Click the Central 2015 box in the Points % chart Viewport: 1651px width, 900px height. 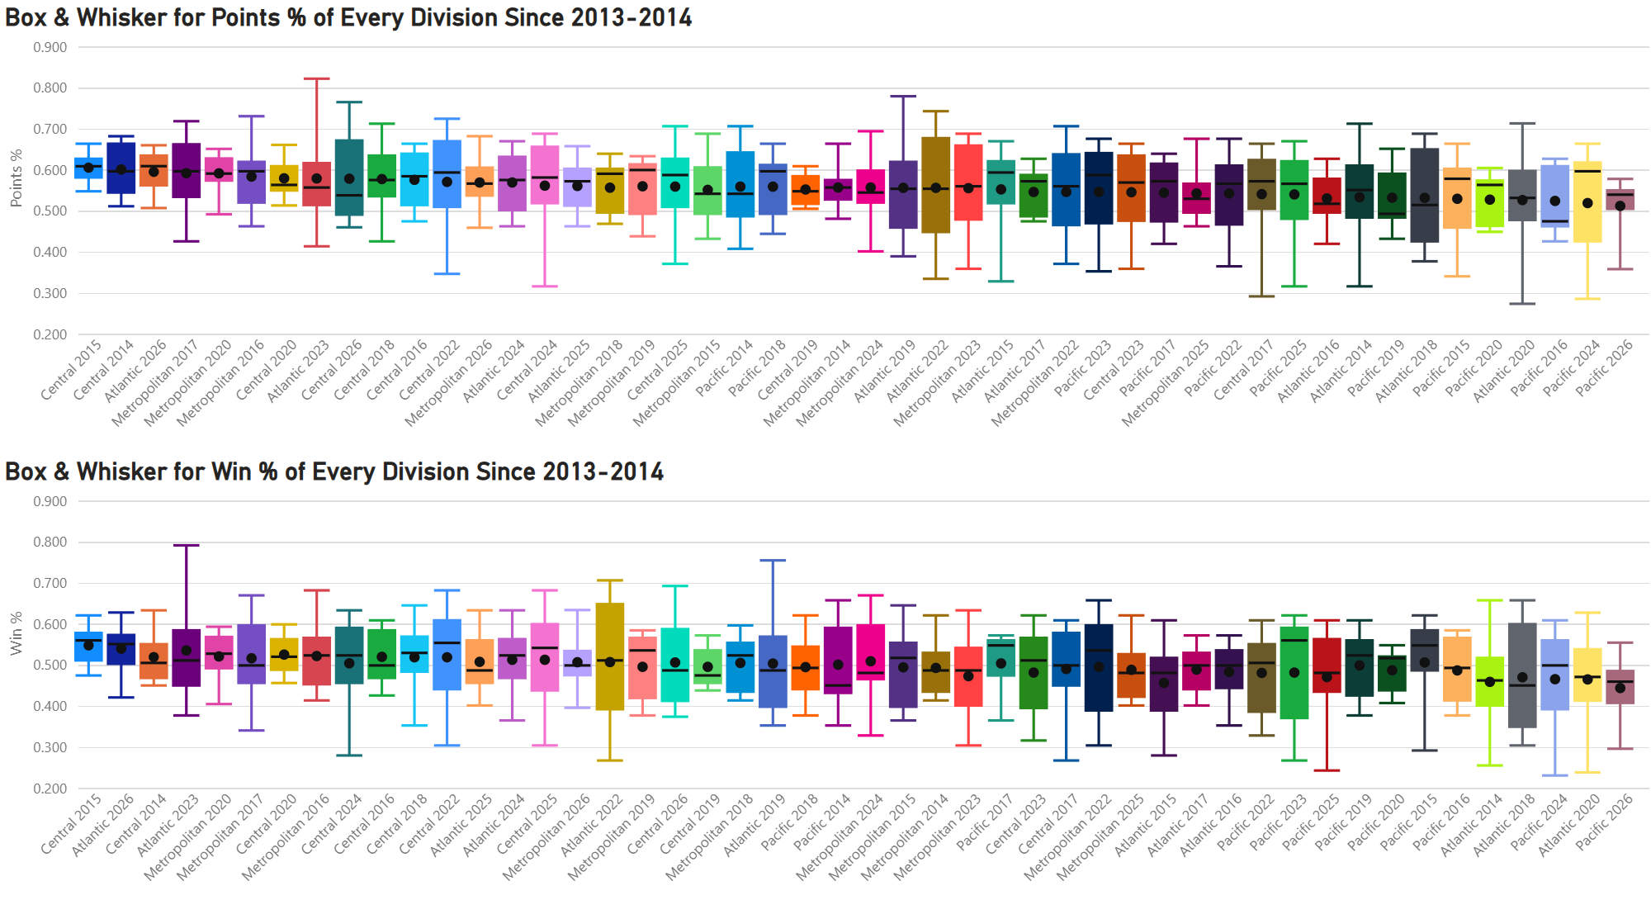(88, 168)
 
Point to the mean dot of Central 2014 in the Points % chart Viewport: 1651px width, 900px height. (121, 169)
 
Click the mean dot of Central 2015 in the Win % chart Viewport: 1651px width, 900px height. (88, 646)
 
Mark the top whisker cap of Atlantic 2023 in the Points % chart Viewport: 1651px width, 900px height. (316, 79)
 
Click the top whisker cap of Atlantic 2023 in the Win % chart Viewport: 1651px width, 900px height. (187, 546)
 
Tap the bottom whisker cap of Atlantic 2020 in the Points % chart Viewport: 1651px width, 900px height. (1522, 304)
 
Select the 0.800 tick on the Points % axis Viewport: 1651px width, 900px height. (50, 88)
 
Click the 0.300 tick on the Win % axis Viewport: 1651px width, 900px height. (50, 747)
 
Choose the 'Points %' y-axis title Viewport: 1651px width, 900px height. (16, 178)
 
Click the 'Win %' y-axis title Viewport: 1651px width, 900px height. (16, 633)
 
